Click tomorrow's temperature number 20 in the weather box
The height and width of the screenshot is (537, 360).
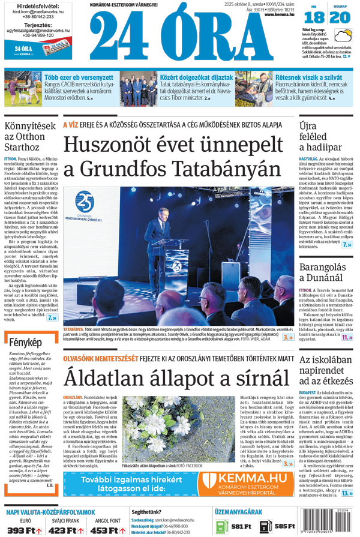coord(340,17)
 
